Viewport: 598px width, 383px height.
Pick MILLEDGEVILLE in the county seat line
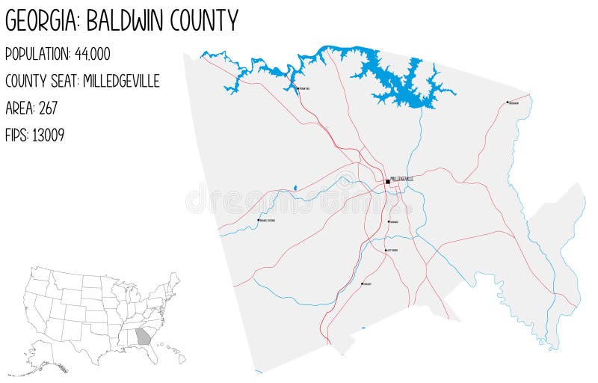pos(121,81)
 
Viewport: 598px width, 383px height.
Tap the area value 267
pos(46,108)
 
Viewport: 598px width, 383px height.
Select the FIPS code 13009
pos(48,135)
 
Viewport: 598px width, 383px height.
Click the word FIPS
pos(16,135)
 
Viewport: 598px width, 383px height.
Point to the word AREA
pos(19,108)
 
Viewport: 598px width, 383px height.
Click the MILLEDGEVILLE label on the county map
pos(402,179)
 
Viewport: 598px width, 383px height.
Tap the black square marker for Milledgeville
pos(387,181)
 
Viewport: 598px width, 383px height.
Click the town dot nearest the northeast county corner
pos(508,102)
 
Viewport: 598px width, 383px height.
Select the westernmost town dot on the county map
pos(259,220)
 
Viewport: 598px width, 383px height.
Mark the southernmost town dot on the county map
pos(363,284)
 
